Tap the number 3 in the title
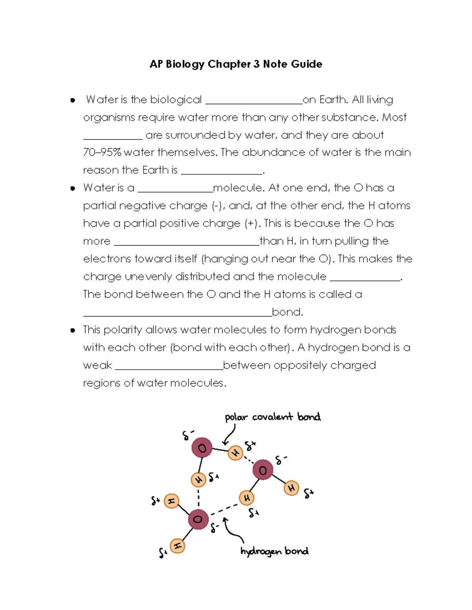pyautogui.click(x=256, y=64)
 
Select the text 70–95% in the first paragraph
pyautogui.click(x=102, y=152)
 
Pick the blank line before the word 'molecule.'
pyautogui.click(x=175, y=191)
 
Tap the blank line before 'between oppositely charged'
pyautogui.click(x=169, y=368)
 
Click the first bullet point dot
pyautogui.click(x=73, y=101)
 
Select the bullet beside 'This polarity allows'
pyautogui.click(x=73, y=330)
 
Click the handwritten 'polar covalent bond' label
pyautogui.click(x=273, y=417)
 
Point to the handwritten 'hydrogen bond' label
pyautogui.click(x=274, y=551)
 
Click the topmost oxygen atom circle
pyautogui.click(x=202, y=448)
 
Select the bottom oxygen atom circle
pyautogui.click(x=198, y=519)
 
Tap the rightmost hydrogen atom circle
pyautogui.click(x=291, y=488)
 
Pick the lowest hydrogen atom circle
pyautogui.click(x=177, y=546)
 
